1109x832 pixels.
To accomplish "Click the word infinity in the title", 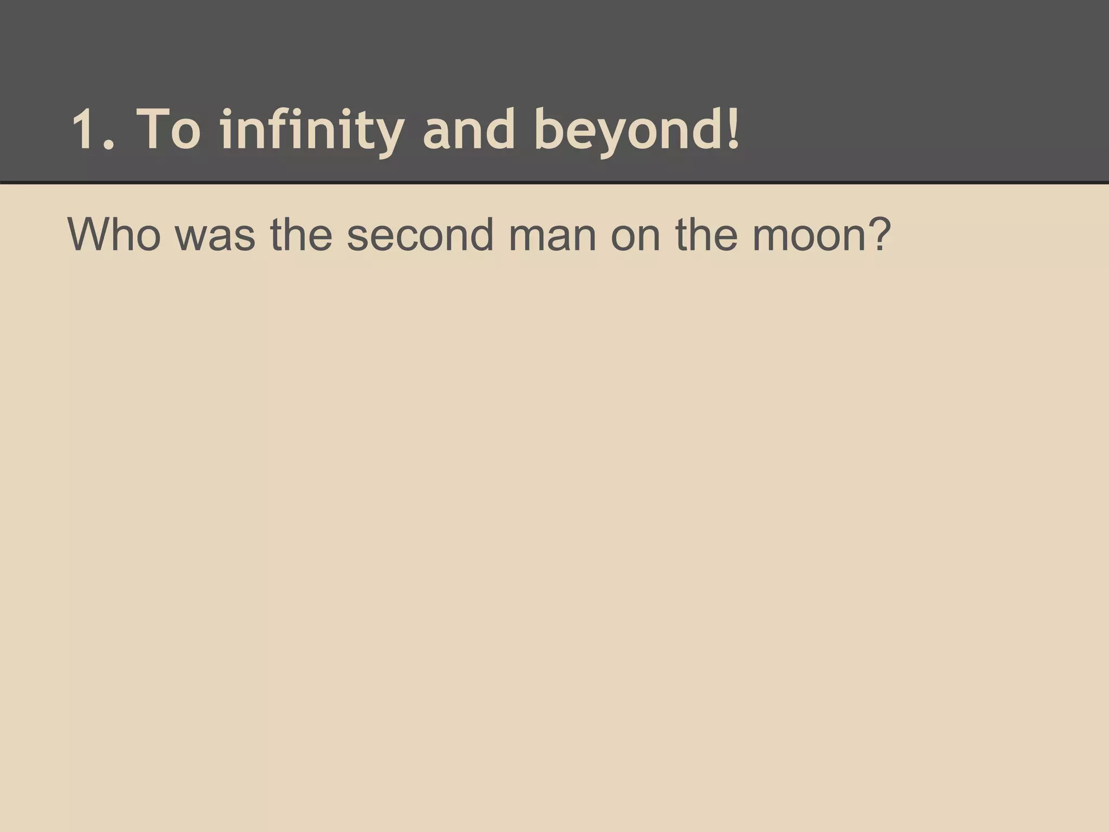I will [x=312, y=130].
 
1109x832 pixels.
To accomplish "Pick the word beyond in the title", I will [x=628, y=130].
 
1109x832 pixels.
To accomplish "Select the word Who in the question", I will [x=114, y=234].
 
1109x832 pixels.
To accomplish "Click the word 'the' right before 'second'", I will [x=301, y=234].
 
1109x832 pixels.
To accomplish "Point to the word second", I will [x=420, y=234].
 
